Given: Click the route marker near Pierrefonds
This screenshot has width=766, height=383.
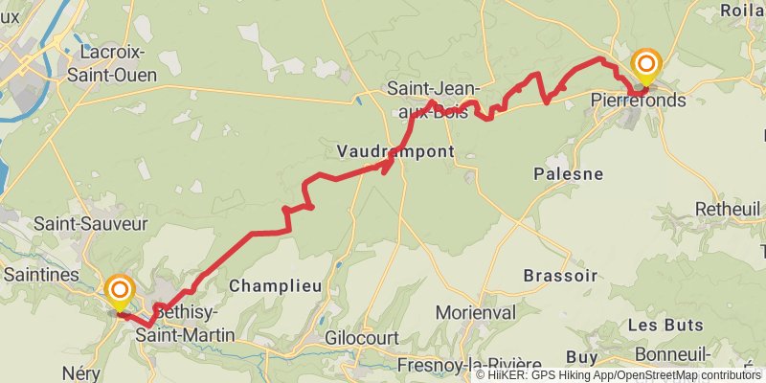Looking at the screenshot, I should (x=646, y=65).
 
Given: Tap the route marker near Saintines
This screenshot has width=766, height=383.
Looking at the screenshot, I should (x=120, y=289).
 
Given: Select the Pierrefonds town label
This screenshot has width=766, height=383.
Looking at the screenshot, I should (x=639, y=99).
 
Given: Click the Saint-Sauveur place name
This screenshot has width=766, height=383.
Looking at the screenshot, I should (x=91, y=223).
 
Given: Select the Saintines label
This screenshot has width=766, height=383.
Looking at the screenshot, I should (x=41, y=275).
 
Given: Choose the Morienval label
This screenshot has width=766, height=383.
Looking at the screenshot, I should (x=475, y=312).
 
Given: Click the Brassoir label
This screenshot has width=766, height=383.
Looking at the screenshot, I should (x=560, y=275).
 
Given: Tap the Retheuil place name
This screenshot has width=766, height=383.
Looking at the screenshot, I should (x=728, y=208).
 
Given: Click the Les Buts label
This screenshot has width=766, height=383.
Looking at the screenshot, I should (x=662, y=326).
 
